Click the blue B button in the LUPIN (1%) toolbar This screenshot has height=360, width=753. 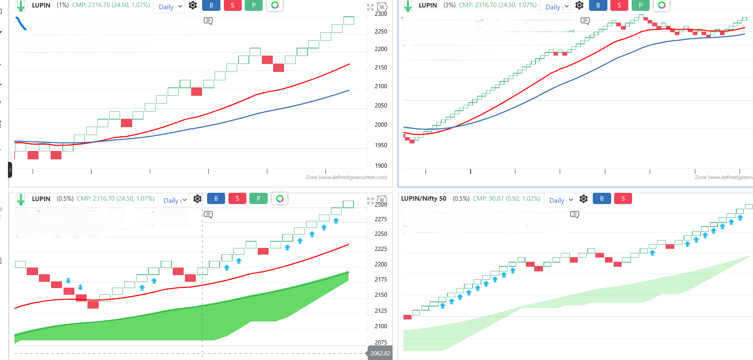[x=211, y=5]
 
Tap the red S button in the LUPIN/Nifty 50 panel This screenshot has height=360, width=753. [x=623, y=199]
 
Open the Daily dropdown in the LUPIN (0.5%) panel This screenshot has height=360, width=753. [x=175, y=200]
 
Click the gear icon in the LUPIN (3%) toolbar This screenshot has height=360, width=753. [x=579, y=5]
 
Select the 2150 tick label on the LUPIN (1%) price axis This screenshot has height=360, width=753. [x=381, y=67]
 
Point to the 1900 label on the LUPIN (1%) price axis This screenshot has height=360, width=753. [x=381, y=166]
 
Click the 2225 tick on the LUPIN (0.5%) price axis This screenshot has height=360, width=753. [x=381, y=249]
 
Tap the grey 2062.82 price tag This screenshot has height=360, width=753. [x=380, y=353]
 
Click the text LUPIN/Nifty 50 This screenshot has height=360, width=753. [x=423, y=199]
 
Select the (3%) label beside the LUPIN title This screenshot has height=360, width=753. [x=449, y=5]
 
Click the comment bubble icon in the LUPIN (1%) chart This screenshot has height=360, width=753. [x=208, y=21]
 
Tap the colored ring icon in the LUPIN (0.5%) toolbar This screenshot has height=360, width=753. [x=280, y=199]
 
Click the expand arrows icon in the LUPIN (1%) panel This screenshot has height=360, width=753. [x=370, y=7]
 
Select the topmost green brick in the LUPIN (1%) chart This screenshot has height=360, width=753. [x=349, y=20]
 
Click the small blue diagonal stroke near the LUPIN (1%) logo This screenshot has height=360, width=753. [x=21, y=23]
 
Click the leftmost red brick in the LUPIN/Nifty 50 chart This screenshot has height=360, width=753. [x=407, y=317]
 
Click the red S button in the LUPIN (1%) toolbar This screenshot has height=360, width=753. [x=233, y=5]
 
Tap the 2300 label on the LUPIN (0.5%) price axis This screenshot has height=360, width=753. [x=381, y=204]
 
